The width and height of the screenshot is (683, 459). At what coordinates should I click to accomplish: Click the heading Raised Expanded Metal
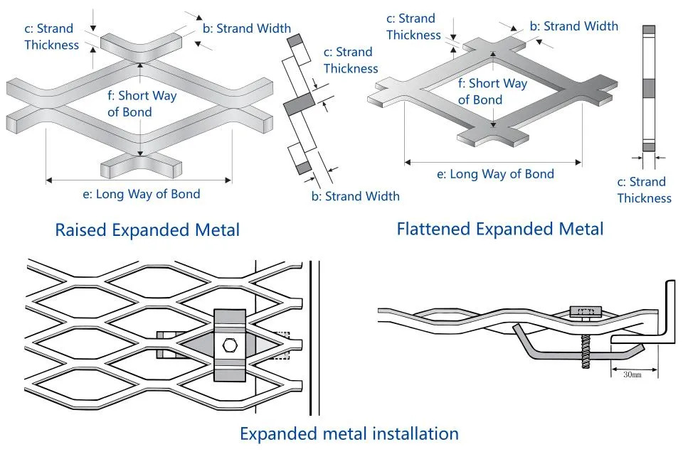[x=147, y=229]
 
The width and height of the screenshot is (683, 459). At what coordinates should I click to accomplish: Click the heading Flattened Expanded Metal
[x=500, y=229]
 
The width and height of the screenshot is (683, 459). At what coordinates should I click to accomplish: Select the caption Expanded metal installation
[x=349, y=433]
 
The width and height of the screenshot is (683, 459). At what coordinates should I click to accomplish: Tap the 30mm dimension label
[x=632, y=374]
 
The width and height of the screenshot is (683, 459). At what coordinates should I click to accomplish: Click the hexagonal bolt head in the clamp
[x=230, y=345]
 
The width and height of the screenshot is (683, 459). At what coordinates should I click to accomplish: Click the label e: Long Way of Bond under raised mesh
[x=142, y=194]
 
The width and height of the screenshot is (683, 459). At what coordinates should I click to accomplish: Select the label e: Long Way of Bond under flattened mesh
[x=496, y=174]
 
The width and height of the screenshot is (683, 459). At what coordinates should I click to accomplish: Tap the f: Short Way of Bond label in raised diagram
[x=142, y=104]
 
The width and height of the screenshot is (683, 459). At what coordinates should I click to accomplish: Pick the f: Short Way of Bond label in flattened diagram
[x=492, y=92]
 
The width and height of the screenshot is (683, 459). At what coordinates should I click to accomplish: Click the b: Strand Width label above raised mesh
[x=247, y=28]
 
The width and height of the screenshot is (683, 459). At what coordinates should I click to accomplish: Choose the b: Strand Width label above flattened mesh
[x=574, y=26]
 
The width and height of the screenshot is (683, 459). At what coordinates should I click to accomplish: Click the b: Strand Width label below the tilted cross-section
[x=356, y=196]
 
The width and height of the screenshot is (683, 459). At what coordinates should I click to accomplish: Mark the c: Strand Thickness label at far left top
[x=52, y=37]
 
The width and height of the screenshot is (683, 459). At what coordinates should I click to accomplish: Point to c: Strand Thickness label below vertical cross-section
[x=645, y=190]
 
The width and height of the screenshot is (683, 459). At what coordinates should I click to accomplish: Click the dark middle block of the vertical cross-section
[x=649, y=88]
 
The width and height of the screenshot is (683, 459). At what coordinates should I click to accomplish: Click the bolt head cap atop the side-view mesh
[x=586, y=311]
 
